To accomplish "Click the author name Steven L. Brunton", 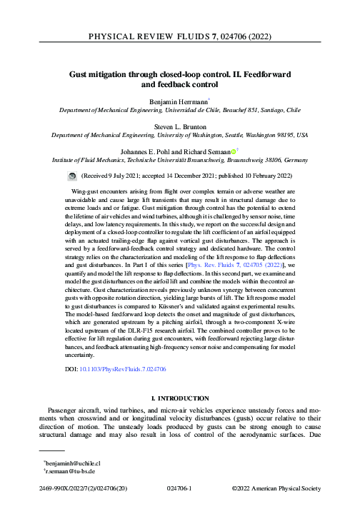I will tap(179, 124).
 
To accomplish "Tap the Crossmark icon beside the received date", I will tap(71, 175).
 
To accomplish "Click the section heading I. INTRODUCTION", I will tap(179, 397).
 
